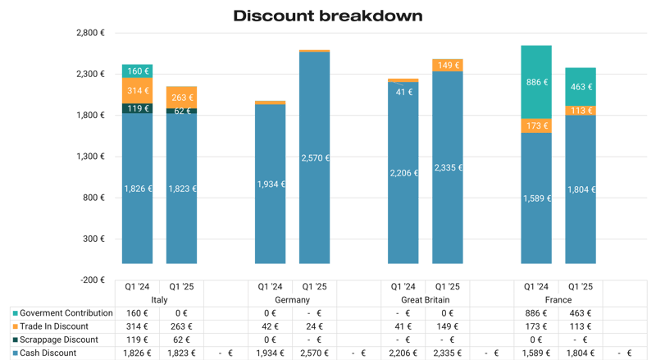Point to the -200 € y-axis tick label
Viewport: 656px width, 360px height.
92,280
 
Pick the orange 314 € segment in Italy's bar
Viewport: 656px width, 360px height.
137,90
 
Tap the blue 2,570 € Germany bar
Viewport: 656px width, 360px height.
314,157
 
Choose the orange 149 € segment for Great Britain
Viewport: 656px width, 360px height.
447,66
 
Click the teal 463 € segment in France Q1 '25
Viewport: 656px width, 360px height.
581,86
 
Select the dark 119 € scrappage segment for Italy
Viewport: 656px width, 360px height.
137,108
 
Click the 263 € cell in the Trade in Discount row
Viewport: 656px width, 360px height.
181,326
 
